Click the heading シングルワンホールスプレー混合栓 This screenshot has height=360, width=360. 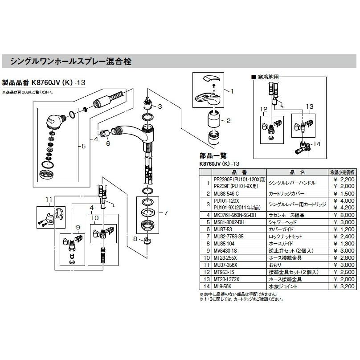click(x=71, y=61)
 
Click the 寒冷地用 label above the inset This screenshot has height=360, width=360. click(x=267, y=78)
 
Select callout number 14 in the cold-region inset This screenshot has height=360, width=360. click(x=317, y=144)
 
